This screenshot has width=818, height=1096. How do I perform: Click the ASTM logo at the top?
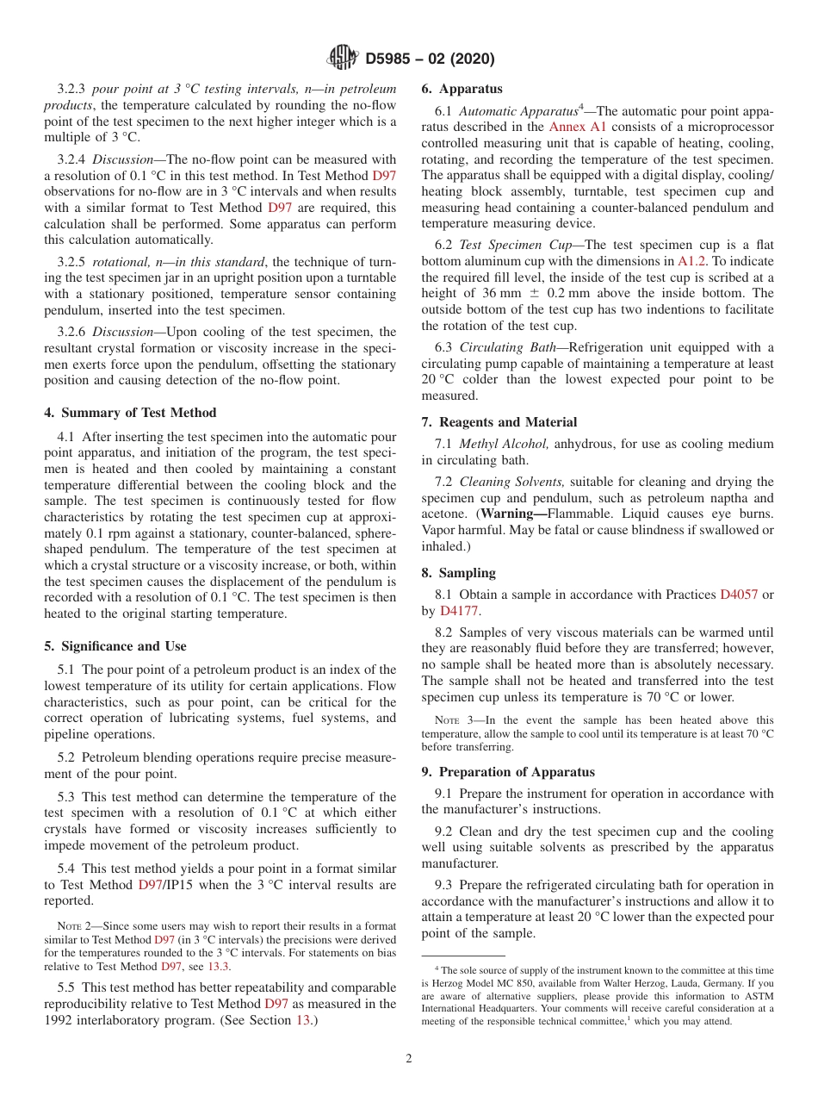tap(343, 59)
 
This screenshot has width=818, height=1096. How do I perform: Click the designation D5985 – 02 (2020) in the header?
tap(430, 59)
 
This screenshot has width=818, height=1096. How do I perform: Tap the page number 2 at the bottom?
tap(409, 1059)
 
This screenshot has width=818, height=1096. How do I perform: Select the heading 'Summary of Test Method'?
tap(130, 413)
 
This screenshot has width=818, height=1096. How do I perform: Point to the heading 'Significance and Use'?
tap(115, 646)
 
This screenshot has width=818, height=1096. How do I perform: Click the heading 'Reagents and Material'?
tap(499, 422)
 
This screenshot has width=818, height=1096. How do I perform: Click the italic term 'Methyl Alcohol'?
tap(504, 444)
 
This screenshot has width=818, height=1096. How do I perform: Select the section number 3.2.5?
tap(73, 262)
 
